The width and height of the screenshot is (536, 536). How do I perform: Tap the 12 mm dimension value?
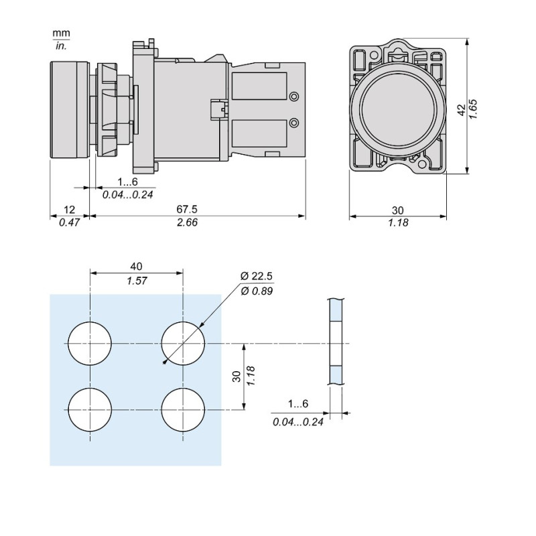pyautogui.click(x=70, y=210)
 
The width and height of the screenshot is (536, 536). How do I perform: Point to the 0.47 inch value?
pyautogui.click(x=70, y=223)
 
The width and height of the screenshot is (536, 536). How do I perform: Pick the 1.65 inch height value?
pyautogui.click(x=473, y=109)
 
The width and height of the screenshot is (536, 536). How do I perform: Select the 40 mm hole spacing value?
pyautogui.click(x=137, y=267)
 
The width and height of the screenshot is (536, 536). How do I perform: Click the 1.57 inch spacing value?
pyautogui.click(x=137, y=281)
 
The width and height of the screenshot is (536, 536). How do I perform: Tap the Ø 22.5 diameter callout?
pyautogui.click(x=257, y=277)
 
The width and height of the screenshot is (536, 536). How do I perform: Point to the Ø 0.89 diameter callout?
pyautogui.click(x=257, y=290)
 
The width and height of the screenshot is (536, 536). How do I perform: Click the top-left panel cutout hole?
pyautogui.click(x=90, y=343)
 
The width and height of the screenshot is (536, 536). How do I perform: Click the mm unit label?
pyautogui.click(x=61, y=33)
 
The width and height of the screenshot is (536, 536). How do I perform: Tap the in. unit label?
pyautogui.click(x=61, y=46)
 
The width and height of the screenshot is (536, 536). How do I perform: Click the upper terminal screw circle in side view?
pyautogui.click(x=293, y=97)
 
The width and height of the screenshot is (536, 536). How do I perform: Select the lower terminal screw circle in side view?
pyautogui.click(x=293, y=122)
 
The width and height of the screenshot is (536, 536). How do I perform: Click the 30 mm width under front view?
pyautogui.click(x=398, y=210)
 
